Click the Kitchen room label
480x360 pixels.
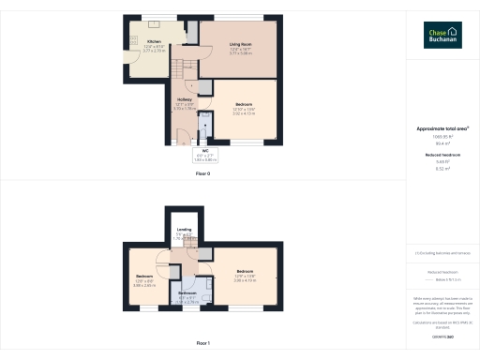(x=154, y=42)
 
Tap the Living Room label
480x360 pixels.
(x=241, y=44)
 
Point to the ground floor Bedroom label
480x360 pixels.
(x=244, y=103)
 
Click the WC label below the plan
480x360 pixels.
(x=204, y=150)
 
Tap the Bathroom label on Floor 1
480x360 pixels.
(x=188, y=292)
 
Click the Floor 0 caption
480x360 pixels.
(x=202, y=173)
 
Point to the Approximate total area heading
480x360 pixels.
(x=442, y=128)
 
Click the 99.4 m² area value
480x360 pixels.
(x=442, y=143)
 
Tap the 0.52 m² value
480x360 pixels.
(x=442, y=170)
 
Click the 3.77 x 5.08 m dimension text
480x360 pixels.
(x=241, y=53)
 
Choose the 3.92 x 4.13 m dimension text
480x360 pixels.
(x=244, y=113)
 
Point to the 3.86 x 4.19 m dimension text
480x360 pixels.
(x=246, y=279)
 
